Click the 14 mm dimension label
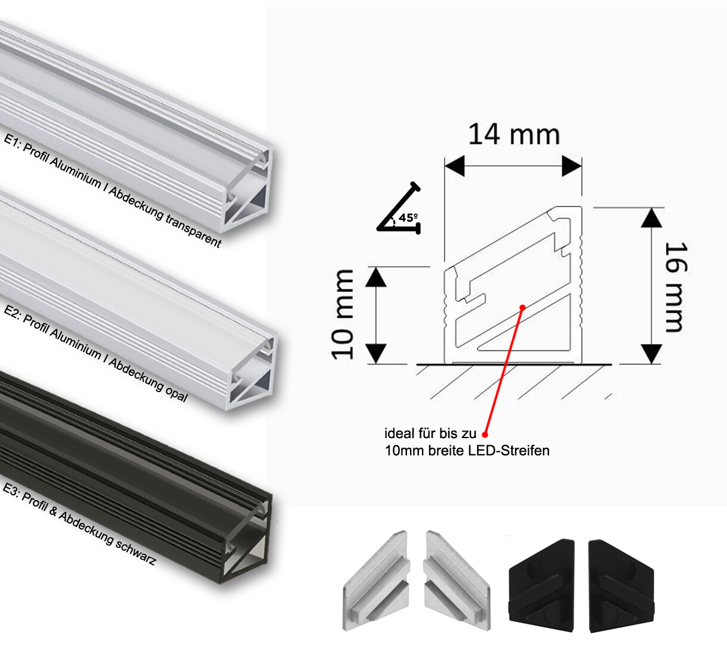513,134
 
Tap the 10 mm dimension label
344,314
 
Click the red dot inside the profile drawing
522,307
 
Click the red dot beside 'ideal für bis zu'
485,434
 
